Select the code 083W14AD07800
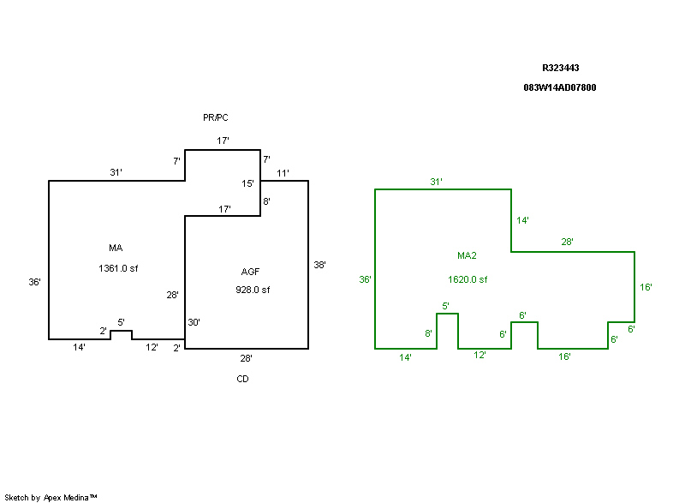point(559,87)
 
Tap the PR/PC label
point(216,117)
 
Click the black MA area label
point(116,249)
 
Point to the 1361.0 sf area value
point(118,268)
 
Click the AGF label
point(250,271)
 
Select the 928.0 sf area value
point(253,290)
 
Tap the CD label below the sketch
point(243,378)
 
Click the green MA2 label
point(467,255)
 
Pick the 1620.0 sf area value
point(468,279)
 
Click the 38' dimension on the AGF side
point(319,266)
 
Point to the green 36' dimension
point(366,279)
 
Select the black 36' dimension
point(35,281)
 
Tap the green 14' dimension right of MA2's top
point(522,220)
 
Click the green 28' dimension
point(568,243)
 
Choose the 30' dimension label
point(194,322)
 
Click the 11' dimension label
point(283,173)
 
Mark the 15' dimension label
point(248,183)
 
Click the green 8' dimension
point(429,333)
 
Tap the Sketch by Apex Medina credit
point(51,497)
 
